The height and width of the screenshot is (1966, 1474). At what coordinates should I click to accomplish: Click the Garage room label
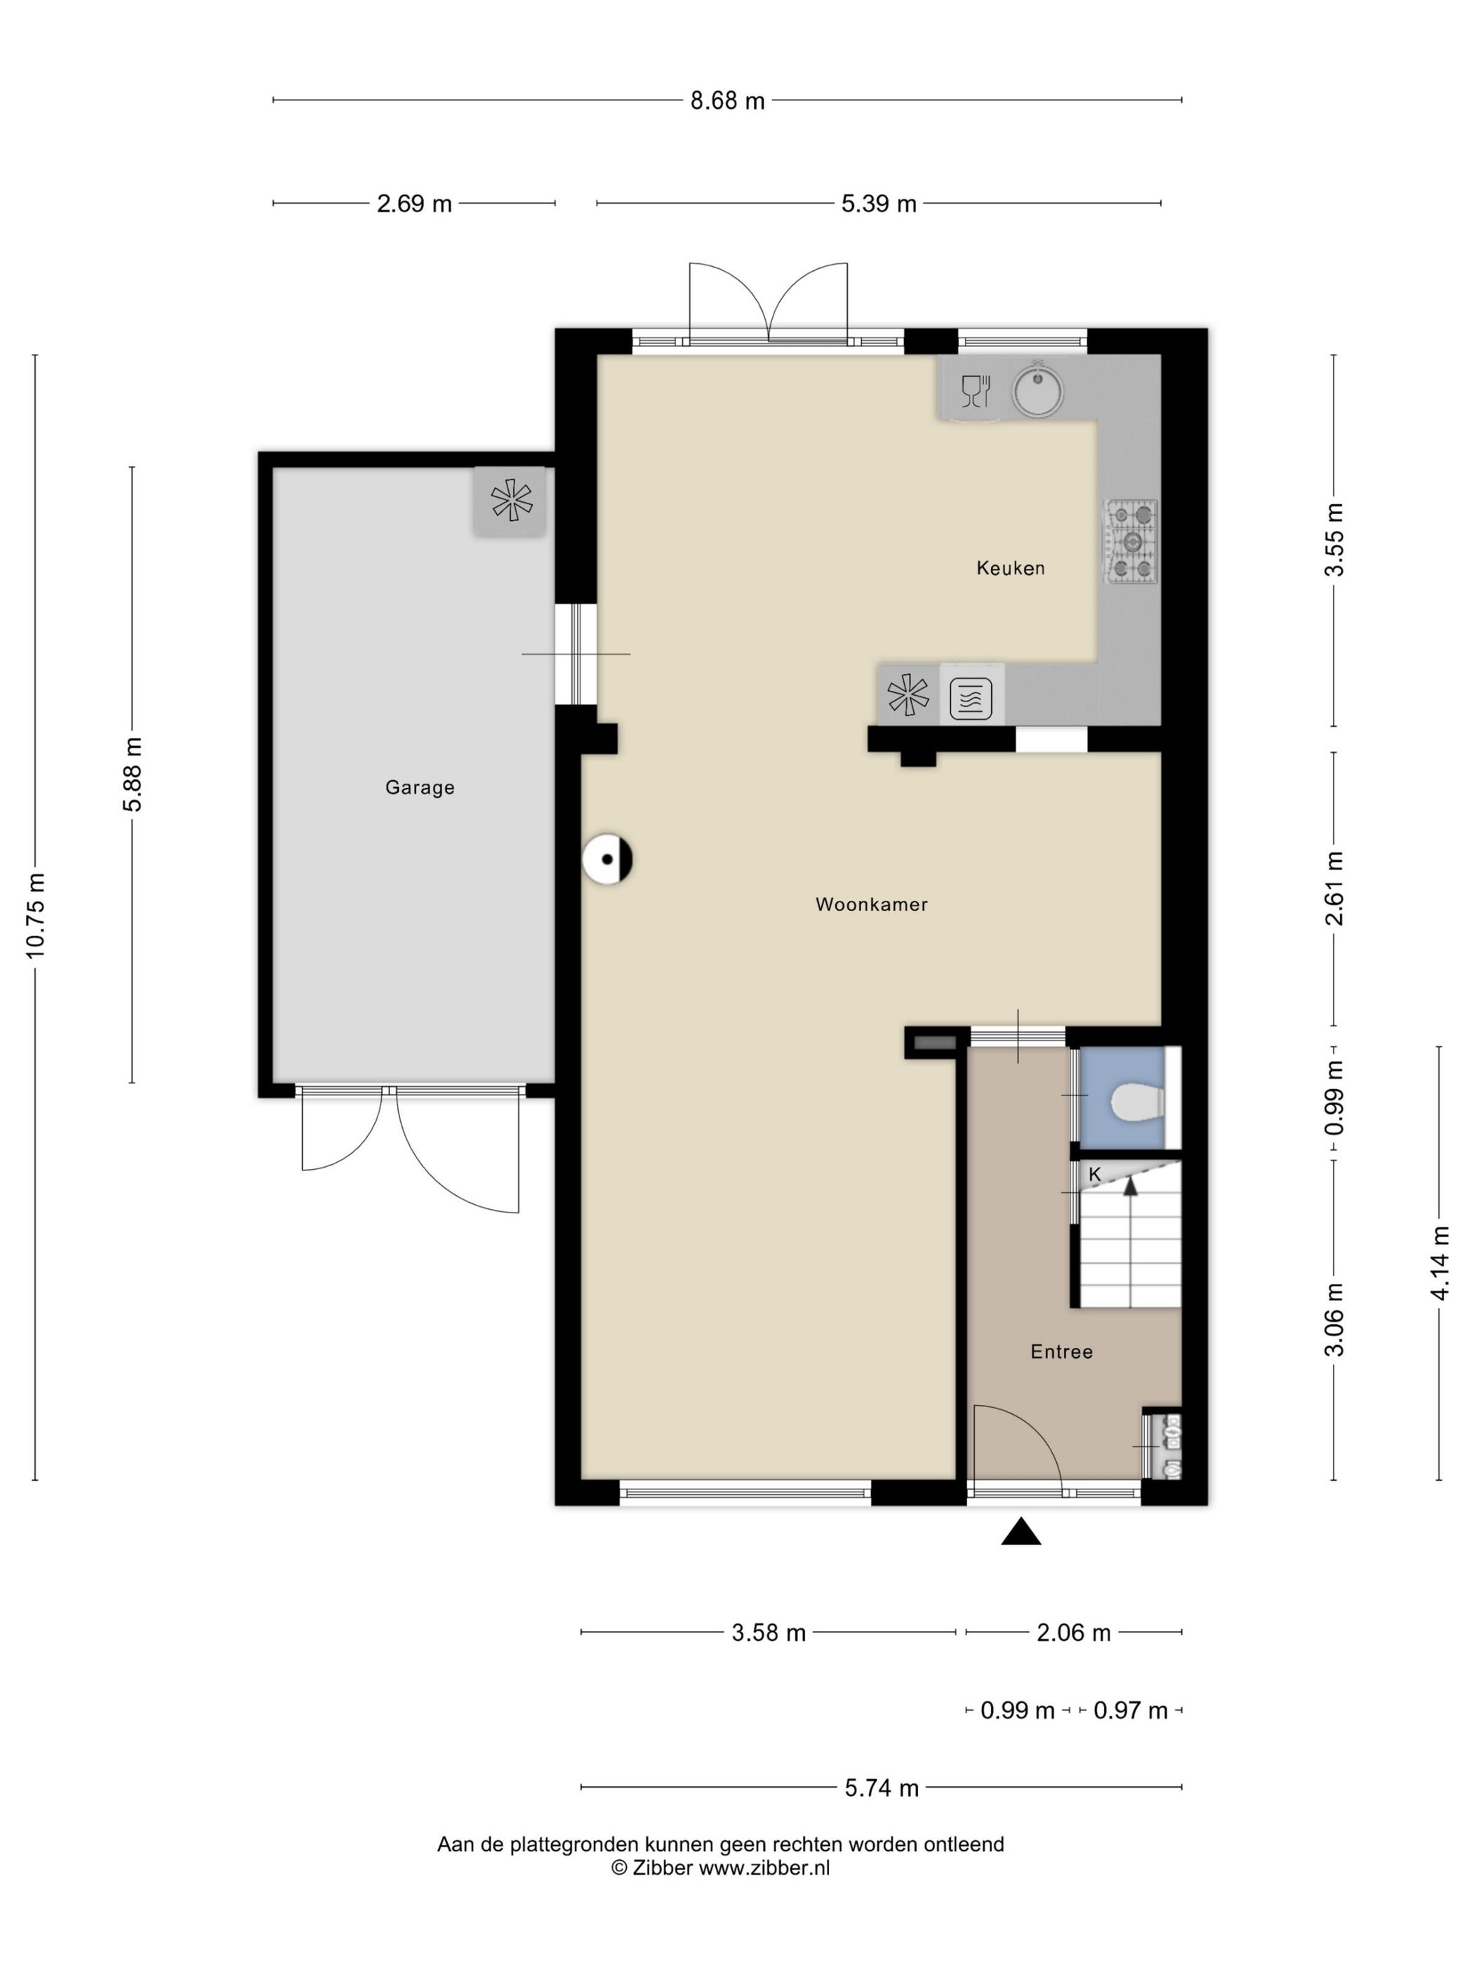point(419,788)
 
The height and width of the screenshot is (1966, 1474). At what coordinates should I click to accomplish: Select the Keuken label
point(1010,568)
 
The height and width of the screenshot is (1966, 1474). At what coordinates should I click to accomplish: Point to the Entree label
point(1061,1352)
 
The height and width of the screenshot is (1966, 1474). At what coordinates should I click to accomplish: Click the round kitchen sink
point(1037,389)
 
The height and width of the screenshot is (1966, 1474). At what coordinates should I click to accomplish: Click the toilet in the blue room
point(1137,1103)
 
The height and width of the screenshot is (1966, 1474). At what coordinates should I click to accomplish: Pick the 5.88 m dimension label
point(133,774)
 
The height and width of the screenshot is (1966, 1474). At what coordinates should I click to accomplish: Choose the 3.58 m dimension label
point(769,1632)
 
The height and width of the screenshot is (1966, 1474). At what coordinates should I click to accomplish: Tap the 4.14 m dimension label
point(1440,1263)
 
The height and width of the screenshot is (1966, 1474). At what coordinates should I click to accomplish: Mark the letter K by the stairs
point(1094,1174)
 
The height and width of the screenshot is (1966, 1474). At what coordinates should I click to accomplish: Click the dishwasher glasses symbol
point(976,391)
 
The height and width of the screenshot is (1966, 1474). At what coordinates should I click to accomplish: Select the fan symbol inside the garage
point(511,501)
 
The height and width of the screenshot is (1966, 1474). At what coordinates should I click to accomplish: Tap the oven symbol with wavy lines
point(970,698)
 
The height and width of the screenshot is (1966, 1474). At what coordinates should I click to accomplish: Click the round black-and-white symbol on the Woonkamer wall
point(607,859)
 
